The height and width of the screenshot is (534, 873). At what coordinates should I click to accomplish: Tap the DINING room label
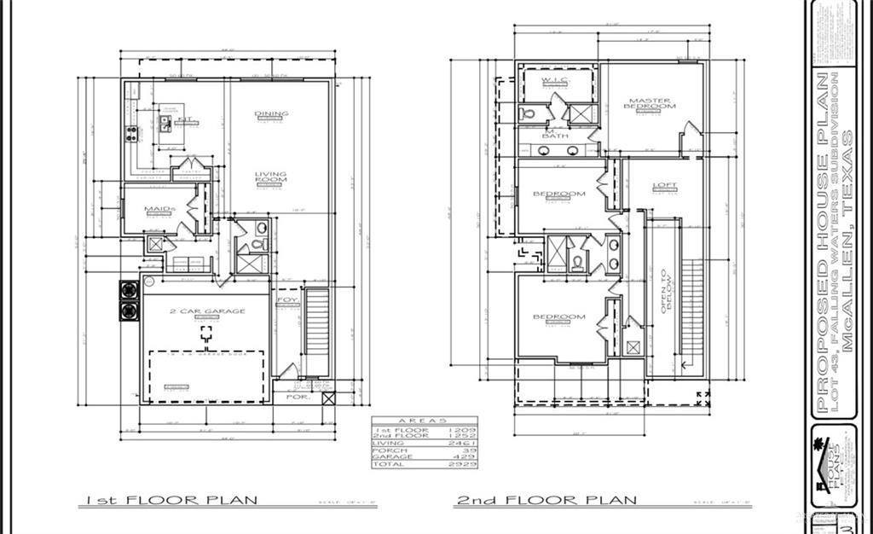[x=271, y=113]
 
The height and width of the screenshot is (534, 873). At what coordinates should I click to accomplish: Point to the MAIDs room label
[x=160, y=209]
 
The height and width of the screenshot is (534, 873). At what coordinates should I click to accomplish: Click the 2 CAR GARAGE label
[x=206, y=311]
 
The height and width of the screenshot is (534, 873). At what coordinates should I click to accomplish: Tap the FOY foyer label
[x=286, y=301]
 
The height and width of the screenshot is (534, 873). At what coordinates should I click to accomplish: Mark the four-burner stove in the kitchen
[x=133, y=133]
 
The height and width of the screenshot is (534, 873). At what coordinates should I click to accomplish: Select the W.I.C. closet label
[x=555, y=80]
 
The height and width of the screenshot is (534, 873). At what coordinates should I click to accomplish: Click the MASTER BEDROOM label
[x=651, y=103]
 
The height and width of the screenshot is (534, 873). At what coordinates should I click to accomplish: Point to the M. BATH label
[x=556, y=133]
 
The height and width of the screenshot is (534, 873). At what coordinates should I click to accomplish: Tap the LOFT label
[x=664, y=185]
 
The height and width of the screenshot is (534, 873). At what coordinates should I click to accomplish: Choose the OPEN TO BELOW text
[x=667, y=292]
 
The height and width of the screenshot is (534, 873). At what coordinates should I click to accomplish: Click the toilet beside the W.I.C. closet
[x=527, y=113]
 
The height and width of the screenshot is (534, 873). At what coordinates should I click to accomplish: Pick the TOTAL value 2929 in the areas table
[x=467, y=464]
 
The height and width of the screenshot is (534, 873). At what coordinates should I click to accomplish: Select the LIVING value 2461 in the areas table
[x=467, y=444]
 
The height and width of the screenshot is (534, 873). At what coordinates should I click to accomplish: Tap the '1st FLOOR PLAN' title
[x=171, y=500]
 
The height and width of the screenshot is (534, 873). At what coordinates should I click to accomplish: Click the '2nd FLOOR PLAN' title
[x=546, y=500]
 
